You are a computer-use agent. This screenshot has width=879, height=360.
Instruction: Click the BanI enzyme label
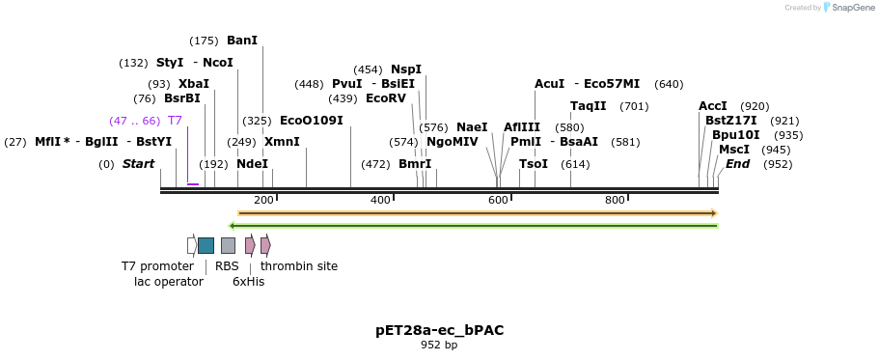pos(242,41)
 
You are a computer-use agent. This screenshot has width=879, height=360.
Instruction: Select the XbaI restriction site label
pos(193,84)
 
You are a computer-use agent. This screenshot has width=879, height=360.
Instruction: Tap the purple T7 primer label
pos(175,121)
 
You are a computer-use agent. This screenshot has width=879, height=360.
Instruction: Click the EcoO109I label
pos(311,121)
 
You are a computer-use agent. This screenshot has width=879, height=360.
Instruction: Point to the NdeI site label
pos(252,164)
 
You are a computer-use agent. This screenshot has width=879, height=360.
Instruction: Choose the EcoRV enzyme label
pos(386,98)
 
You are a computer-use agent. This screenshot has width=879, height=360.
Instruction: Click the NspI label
pos(406,69)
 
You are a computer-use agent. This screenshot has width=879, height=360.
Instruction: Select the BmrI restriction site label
pos(415,164)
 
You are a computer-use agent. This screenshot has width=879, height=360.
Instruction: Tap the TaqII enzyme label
pos(588,106)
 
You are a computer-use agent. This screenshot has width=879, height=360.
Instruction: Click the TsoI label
pos(534,164)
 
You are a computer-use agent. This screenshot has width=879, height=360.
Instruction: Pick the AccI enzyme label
pos(713,106)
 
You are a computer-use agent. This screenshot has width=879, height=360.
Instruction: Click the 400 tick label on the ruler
pos(380,201)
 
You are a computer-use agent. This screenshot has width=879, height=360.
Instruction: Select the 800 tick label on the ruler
pos(615,201)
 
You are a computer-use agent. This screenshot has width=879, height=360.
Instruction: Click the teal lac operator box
pos(206,245)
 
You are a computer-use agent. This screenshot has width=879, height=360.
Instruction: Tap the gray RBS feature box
pos(228,245)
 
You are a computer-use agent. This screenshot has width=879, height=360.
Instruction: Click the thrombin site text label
pos(299,266)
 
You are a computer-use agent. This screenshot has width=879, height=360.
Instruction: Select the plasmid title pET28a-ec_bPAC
pos(439,330)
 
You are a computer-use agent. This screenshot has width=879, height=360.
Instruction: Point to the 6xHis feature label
pos(248,282)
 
